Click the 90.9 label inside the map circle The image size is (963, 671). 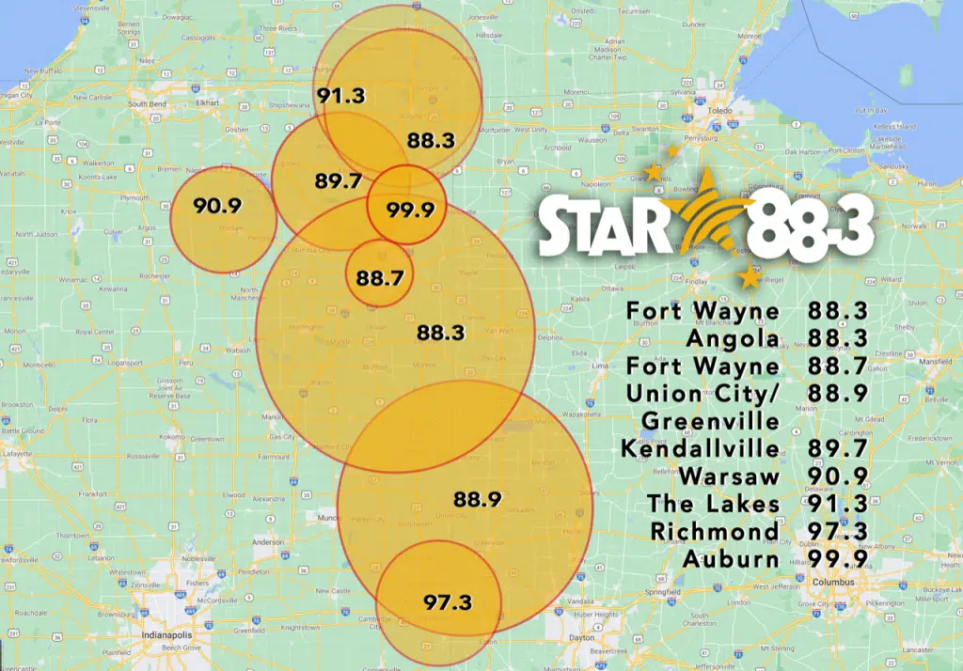click(217, 206)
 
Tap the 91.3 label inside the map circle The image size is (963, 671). click(340, 95)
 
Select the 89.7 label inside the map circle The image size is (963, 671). click(339, 181)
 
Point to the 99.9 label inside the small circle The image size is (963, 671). click(411, 210)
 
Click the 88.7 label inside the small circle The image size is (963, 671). click(379, 277)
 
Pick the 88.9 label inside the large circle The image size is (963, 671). click(477, 499)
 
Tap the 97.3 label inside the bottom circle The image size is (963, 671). click(448, 601)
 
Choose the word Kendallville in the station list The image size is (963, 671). click(701, 448)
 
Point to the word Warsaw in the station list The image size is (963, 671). click(730, 476)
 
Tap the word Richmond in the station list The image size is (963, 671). click(715, 531)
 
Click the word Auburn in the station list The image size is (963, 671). click(731, 559)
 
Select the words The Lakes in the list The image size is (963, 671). click(714, 504)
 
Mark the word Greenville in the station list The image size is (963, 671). click(711, 420)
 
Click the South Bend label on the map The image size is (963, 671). click(147, 103)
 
